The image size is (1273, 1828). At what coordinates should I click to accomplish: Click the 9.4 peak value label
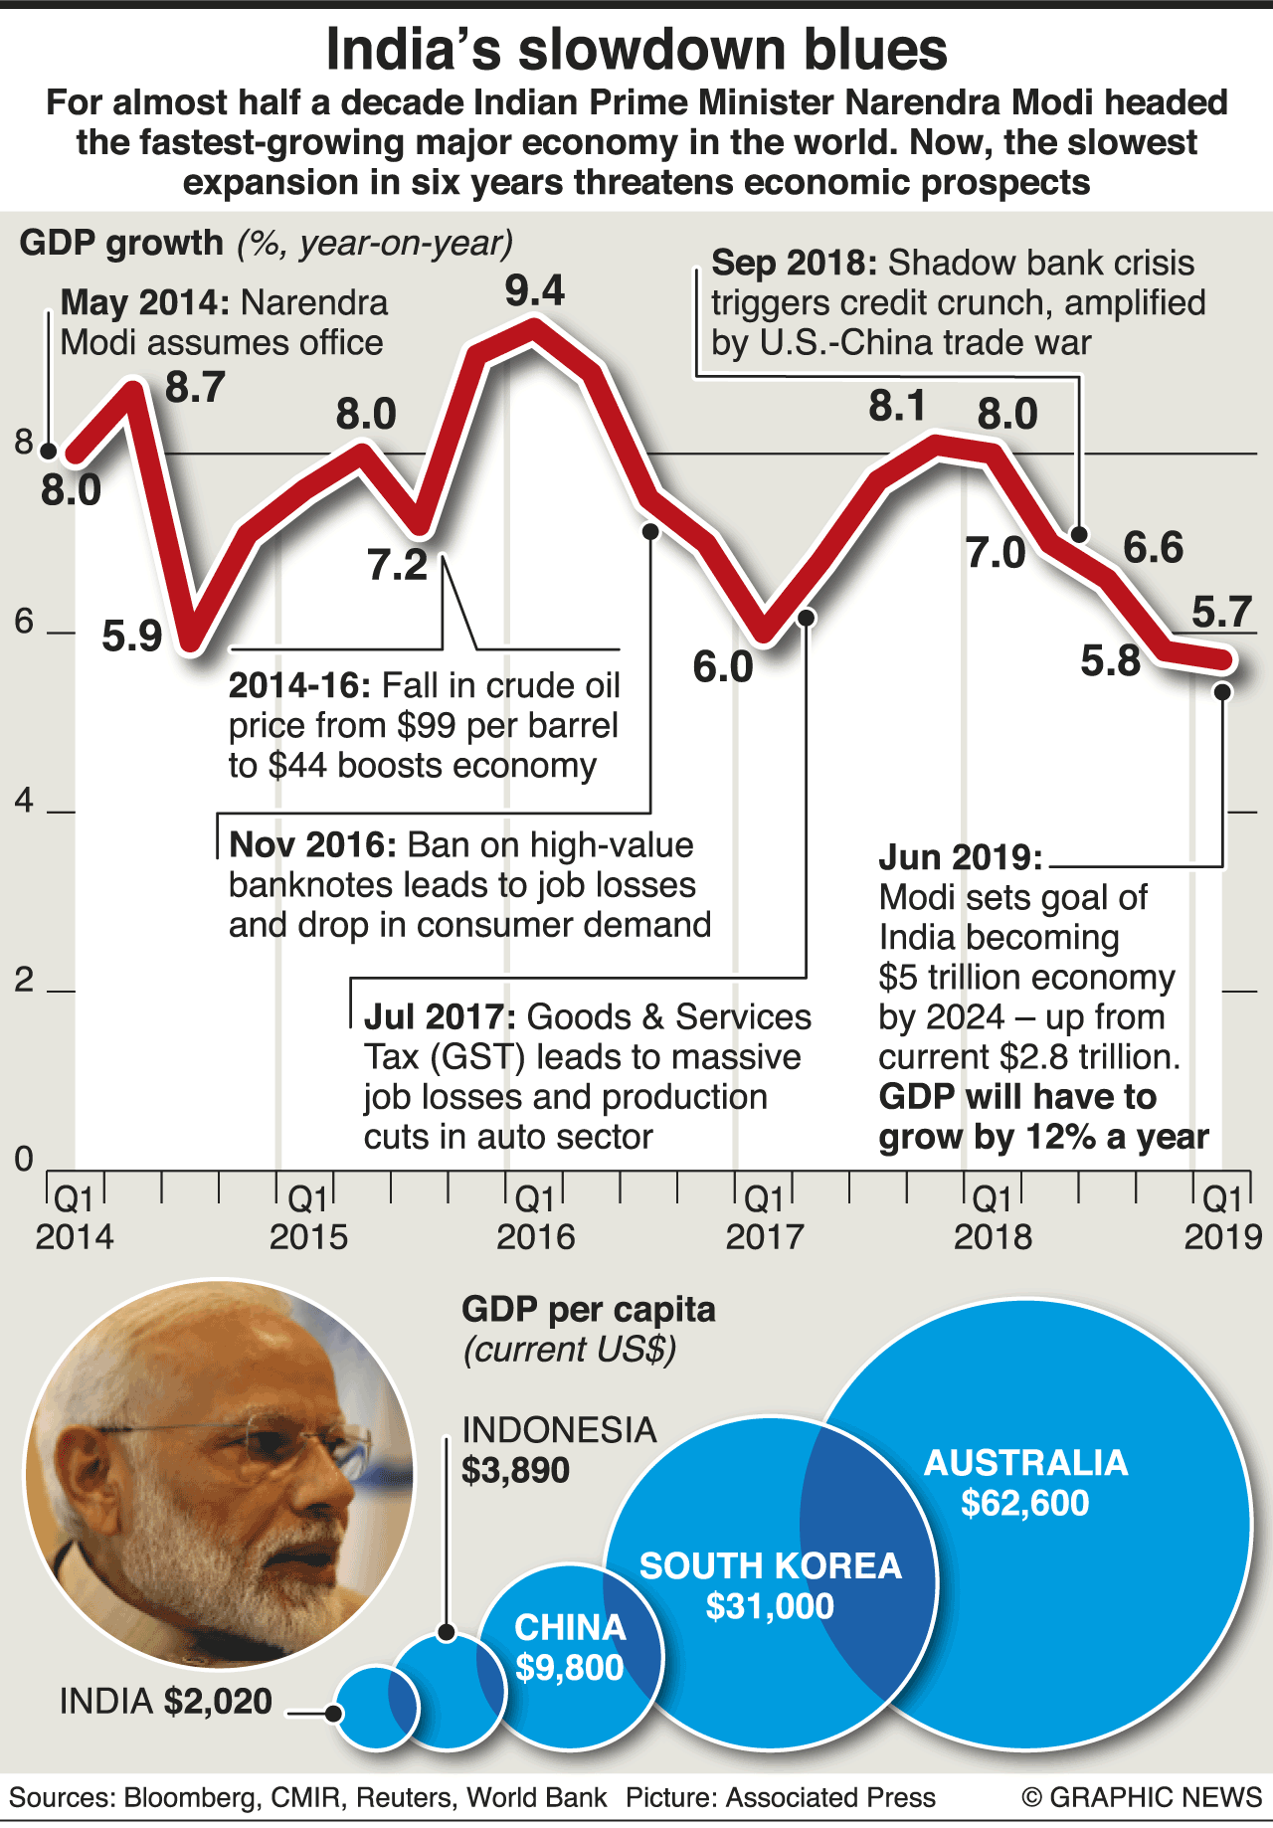[535, 290]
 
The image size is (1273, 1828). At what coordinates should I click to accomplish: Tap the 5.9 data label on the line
[132, 637]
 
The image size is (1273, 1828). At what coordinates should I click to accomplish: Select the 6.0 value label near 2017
[723, 667]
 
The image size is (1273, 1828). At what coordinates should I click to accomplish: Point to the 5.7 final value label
[1221, 613]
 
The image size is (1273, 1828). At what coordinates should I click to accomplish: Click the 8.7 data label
[195, 387]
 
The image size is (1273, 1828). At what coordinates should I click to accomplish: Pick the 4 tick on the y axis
[25, 801]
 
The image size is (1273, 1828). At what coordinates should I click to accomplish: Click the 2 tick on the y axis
[25, 981]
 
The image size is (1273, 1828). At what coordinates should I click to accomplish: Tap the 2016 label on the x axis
[535, 1237]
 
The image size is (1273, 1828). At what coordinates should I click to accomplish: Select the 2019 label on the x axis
[1222, 1237]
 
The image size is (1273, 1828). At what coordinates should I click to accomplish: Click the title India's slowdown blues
[636, 50]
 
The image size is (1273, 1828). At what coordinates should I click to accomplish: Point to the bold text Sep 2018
[794, 264]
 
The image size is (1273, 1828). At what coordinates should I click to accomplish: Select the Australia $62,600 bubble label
[1025, 1483]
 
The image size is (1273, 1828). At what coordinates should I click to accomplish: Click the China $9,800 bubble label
[570, 1648]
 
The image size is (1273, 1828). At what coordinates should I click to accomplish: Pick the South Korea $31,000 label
[770, 1586]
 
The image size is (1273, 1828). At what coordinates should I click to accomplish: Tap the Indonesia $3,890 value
[515, 1471]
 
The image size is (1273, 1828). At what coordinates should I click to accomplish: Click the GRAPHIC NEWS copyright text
[1142, 1797]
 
